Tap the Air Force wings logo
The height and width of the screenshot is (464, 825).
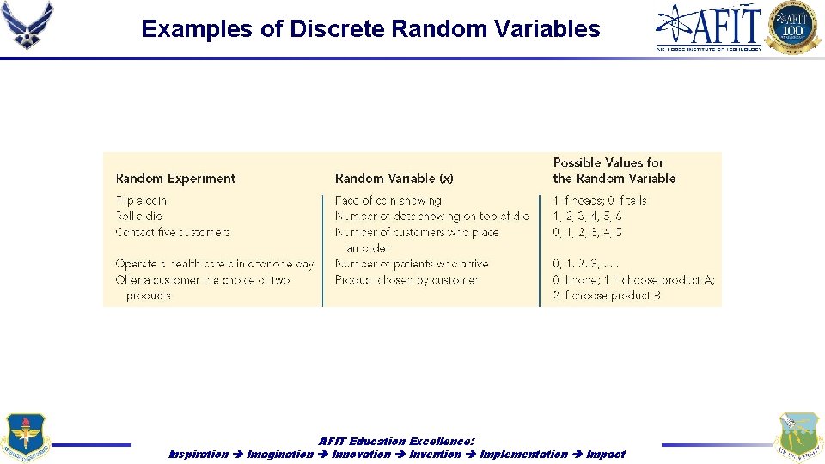pos(27,25)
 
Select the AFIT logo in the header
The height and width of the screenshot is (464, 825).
pos(709,27)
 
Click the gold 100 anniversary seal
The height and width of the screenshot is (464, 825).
pos(792,27)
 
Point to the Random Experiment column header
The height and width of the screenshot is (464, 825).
pos(175,179)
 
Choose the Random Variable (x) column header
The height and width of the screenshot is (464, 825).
pos(394,179)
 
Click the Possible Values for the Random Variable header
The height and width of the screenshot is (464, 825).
pos(614,170)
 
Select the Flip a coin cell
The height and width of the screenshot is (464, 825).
pos(141,200)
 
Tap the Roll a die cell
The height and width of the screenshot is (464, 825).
pos(138,216)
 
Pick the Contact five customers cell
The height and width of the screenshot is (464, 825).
pos(173,232)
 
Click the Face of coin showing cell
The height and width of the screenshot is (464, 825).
pos(388,200)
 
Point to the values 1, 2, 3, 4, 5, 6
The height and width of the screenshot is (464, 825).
pos(588,216)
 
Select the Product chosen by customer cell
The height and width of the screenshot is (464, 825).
pos(406,279)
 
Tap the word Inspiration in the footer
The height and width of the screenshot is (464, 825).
pos(199,454)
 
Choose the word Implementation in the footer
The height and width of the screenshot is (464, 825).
pos(523,454)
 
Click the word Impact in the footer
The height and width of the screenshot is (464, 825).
pos(605,454)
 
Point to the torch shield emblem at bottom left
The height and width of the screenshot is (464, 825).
pos(26,436)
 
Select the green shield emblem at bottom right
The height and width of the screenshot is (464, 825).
pos(797,436)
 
